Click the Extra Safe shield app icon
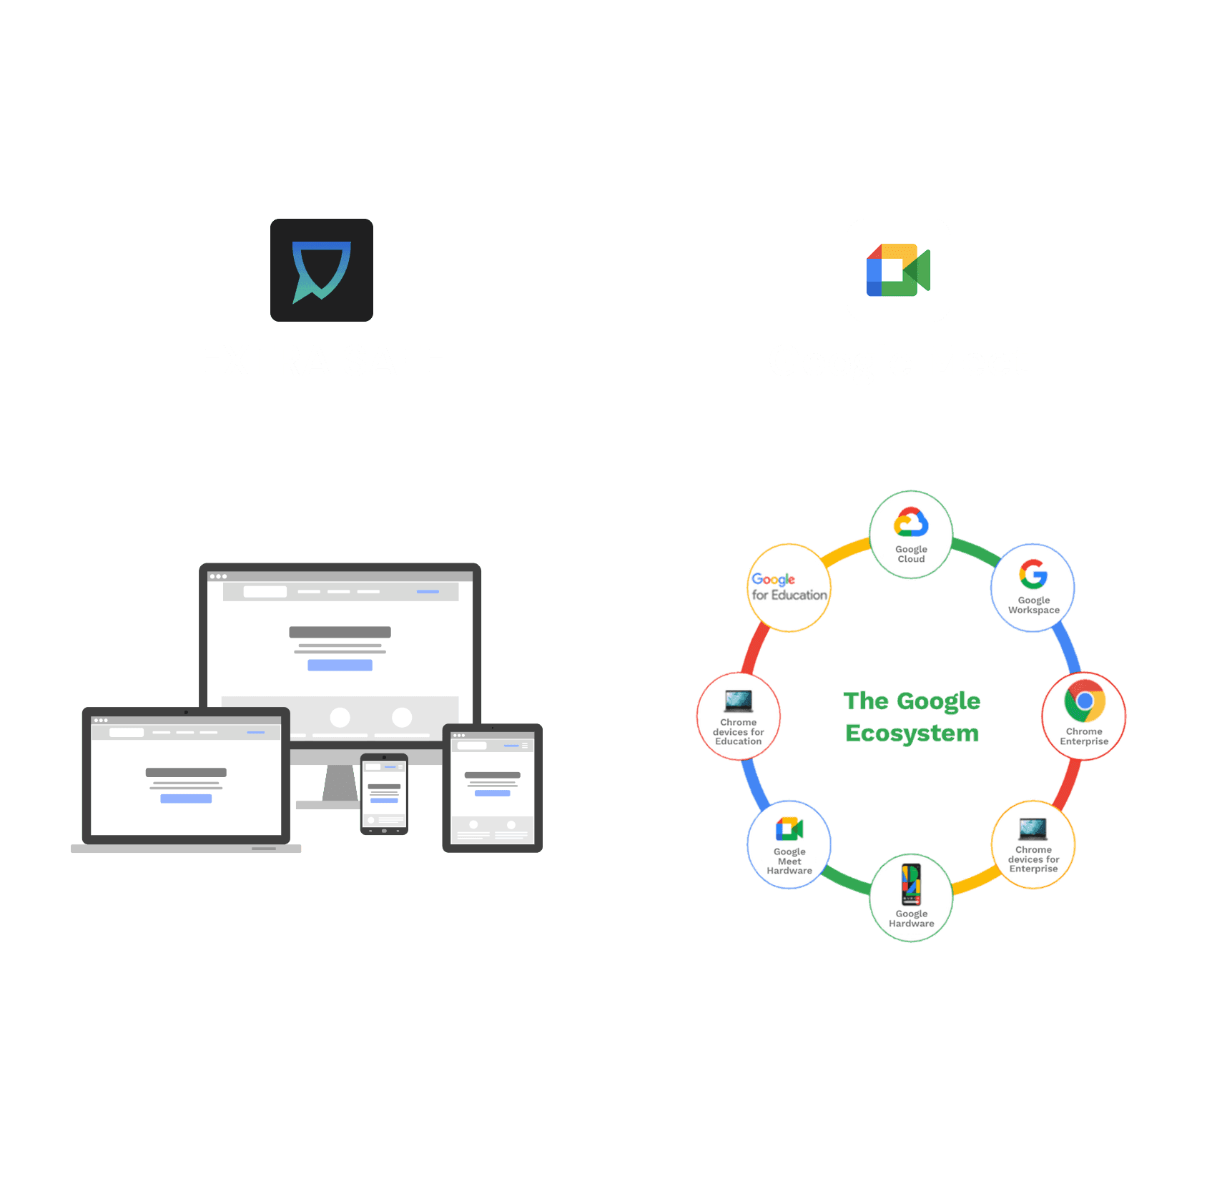pos(322,270)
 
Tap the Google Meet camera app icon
pos(898,270)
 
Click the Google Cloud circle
pos(911,534)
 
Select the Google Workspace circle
pos(1033,588)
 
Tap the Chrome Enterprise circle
pos(1084,716)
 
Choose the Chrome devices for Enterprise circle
pos(1033,844)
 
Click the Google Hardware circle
pos(911,898)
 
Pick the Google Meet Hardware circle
pos(789,844)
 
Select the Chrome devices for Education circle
pos(739,716)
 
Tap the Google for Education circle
pos(789,588)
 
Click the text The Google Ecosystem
pos(912,716)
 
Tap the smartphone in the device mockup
pos(384,794)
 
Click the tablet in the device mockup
pos(493,788)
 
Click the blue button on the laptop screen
pos(186,799)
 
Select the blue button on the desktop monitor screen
pos(340,665)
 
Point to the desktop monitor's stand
pos(339,784)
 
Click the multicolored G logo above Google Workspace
pos(1033,574)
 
